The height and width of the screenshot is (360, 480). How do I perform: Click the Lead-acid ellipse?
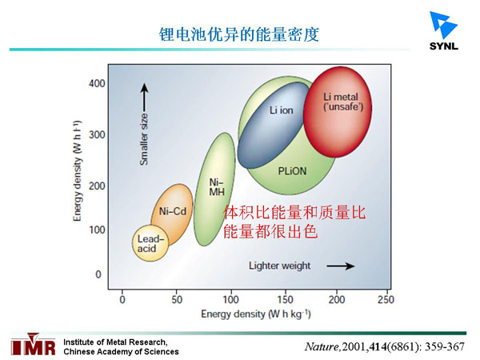150,243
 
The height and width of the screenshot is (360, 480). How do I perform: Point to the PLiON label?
289,171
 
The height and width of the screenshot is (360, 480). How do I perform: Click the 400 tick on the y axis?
97,83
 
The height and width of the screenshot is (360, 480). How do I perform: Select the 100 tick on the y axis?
97,230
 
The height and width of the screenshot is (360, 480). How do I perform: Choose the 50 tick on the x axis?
177,299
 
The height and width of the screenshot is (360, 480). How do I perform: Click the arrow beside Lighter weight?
340,265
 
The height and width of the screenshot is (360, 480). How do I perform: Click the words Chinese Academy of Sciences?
120,351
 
